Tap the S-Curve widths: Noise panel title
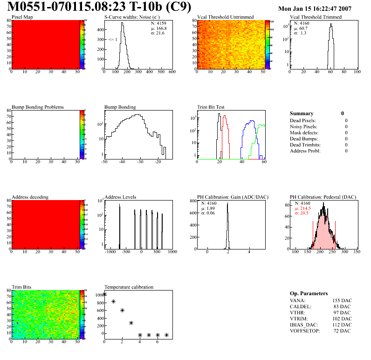(132, 17)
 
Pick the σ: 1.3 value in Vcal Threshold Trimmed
(300, 33)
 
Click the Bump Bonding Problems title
(38, 107)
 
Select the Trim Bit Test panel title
(211, 107)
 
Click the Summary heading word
(302, 113)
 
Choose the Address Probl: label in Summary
(305, 151)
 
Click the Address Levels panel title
(120, 197)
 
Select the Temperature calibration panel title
(129, 287)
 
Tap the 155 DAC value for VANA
(342, 301)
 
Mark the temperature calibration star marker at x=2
(122, 310)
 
